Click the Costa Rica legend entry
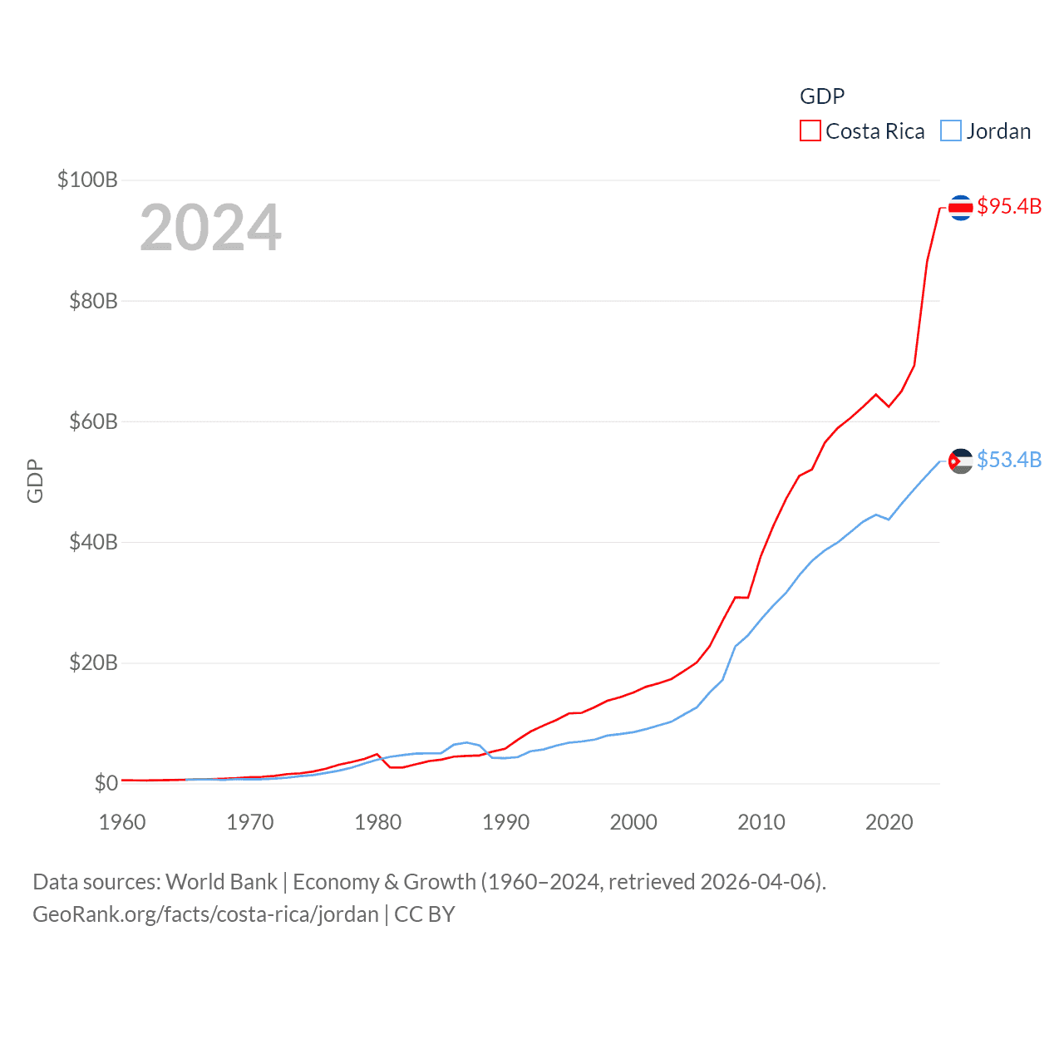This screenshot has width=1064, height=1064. (x=863, y=131)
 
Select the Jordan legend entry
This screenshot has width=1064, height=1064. (x=986, y=131)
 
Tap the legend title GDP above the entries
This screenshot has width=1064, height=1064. (x=822, y=96)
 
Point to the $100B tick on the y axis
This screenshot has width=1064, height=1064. (x=87, y=180)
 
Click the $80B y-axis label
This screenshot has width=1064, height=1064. (x=93, y=301)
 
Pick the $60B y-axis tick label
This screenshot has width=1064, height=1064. (x=93, y=421)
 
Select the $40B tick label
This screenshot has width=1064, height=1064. (x=93, y=542)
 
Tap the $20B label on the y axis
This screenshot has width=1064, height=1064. (x=93, y=663)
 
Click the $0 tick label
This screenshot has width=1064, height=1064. (x=106, y=783)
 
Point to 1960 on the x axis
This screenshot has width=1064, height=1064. (x=122, y=822)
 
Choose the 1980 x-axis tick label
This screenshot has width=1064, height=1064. (x=377, y=822)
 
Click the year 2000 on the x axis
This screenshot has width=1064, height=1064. (x=633, y=822)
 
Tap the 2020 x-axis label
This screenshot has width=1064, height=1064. (x=889, y=822)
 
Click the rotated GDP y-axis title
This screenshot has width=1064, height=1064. (x=35, y=480)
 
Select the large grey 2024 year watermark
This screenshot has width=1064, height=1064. (x=210, y=228)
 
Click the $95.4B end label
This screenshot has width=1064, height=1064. (x=1009, y=206)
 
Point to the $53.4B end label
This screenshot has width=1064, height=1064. (x=1009, y=460)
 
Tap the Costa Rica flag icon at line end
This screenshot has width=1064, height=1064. (x=960, y=207)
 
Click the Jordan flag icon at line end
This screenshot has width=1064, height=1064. (x=960, y=461)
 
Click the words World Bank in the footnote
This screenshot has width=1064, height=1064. (x=221, y=881)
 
